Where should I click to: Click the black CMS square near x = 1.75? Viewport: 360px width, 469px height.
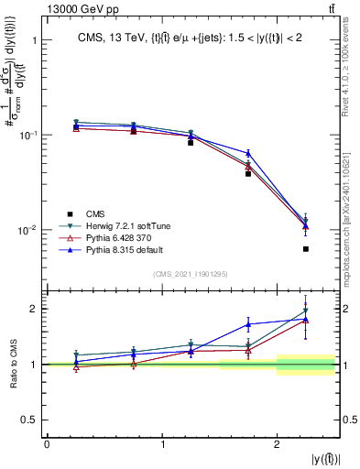[x=248, y=173]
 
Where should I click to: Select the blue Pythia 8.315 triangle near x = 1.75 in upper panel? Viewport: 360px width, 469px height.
[x=248, y=153]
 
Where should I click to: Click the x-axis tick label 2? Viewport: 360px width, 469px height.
[x=278, y=444]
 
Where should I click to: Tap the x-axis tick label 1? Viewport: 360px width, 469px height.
[x=162, y=444]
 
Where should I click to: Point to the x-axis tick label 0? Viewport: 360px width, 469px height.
[x=47, y=444]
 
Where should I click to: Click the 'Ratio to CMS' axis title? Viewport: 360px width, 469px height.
[x=12, y=364]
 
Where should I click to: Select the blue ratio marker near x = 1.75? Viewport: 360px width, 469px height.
[x=248, y=323]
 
